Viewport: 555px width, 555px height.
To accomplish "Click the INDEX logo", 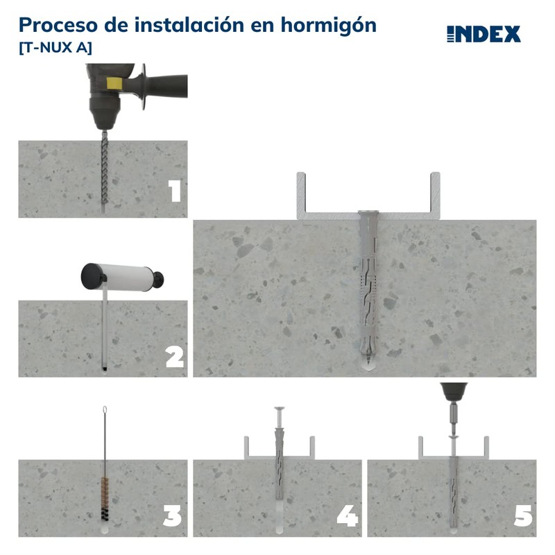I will [x=484, y=34].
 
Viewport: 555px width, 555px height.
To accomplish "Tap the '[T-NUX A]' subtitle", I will [x=55, y=48].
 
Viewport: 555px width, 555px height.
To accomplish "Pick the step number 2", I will [x=174, y=357].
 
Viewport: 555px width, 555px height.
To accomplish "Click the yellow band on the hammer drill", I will [x=111, y=83].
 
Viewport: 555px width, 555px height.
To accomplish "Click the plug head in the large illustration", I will [x=366, y=214].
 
